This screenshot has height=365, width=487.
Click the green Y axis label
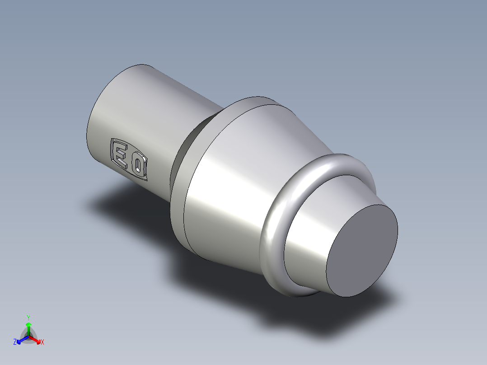(x=28, y=317)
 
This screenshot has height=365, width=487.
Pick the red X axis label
(x=42, y=342)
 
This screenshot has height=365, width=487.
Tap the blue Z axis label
(x=15, y=342)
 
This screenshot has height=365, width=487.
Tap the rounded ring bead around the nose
(x=271, y=226)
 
